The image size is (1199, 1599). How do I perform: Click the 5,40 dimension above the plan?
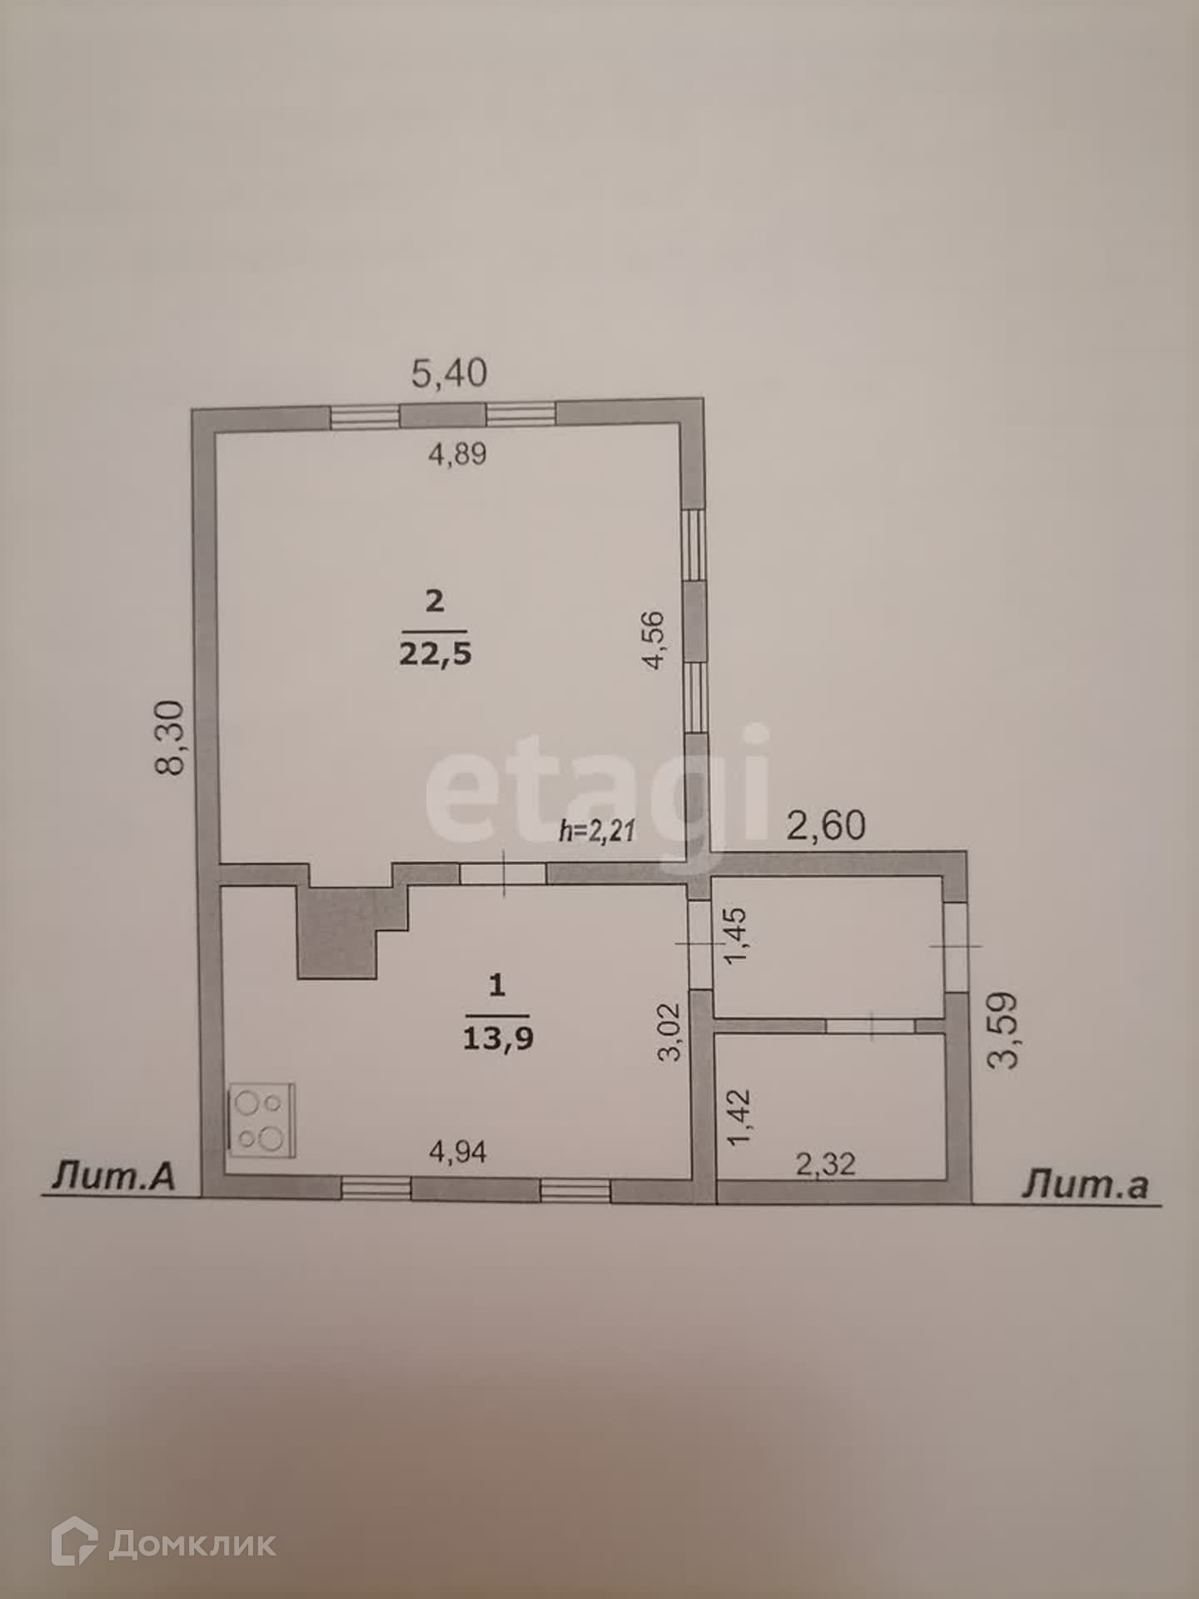(450, 372)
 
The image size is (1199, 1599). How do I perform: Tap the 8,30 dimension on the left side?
(172, 738)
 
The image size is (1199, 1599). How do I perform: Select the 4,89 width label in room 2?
(457, 454)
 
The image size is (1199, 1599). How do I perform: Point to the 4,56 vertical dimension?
(654, 640)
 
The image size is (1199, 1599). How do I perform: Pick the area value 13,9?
(498, 1039)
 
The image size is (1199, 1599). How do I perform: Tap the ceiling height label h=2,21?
(598, 830)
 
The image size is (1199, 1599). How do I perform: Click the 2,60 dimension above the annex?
(827, 825)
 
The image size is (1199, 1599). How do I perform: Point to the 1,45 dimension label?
(738, 935)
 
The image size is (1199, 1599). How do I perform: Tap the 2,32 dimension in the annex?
(825, 1163)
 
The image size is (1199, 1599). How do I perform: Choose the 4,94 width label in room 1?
(458, 1152)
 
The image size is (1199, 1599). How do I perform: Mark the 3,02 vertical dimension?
(670, 1032)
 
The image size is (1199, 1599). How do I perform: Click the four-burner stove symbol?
(261, 1120)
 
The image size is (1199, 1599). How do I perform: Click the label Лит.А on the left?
(114, 1176)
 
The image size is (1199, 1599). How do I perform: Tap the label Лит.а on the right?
(1084, 1183)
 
